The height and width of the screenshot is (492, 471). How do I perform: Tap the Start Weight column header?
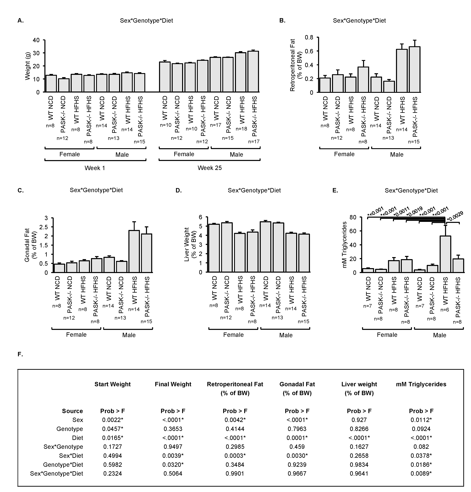point(112,384)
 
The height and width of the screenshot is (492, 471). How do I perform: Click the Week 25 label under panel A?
point(210,168)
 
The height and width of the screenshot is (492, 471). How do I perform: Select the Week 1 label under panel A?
point(95,168)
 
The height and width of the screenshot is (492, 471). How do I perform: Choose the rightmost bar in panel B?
point(415,69)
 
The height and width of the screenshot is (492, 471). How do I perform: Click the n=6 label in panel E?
point(445,310)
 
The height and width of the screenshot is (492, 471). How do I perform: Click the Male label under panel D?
point(286,335)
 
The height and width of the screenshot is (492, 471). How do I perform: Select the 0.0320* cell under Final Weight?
point(173,464)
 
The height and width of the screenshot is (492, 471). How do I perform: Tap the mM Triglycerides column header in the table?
point(421,384)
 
